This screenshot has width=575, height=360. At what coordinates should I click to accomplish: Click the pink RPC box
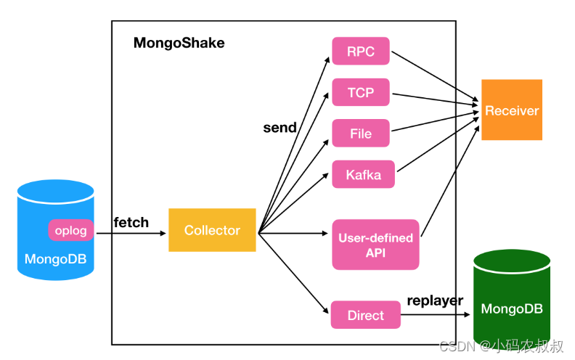[361, 51]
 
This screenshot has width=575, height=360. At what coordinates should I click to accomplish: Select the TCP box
[361, 92]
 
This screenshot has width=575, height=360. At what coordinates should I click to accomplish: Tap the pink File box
[361, 133]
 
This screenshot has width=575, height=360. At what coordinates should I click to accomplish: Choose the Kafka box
[363, 174]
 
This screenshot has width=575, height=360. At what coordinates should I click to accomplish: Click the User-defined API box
[375, 245]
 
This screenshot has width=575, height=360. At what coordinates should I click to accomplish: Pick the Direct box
[365, 315]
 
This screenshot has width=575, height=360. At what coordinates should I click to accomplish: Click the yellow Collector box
[212, 230]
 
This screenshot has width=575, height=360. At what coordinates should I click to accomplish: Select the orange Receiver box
[512, 110]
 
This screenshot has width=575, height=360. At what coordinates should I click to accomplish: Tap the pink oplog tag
[71, 231]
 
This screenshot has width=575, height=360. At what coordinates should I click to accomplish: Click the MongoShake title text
[179, 43]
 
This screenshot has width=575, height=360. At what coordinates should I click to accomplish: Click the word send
[280, 128]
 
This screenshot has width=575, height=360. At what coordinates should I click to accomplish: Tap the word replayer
[435, 300]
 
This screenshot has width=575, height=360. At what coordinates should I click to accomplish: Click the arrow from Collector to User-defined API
[294, 234]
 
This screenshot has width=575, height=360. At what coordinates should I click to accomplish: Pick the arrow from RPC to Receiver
[436, 76]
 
